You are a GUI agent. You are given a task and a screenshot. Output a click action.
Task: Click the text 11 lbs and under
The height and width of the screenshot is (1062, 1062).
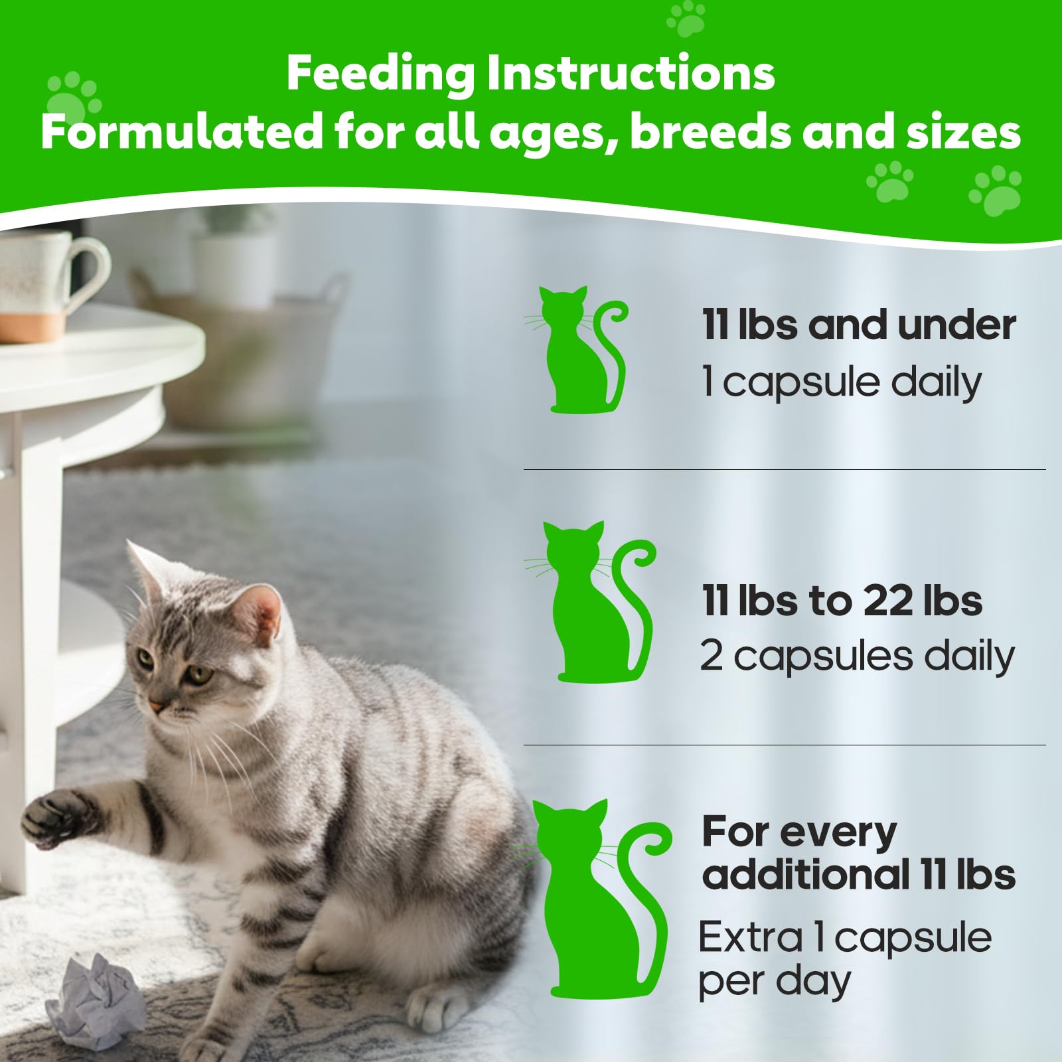[x=858, y=325]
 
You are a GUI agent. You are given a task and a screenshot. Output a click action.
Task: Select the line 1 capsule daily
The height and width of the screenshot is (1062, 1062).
[x=841, y=382]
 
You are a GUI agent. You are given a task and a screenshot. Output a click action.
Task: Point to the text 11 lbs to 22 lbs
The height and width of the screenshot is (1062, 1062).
[x=842, y=601]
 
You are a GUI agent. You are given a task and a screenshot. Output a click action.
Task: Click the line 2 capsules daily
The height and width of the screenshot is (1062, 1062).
[x=857, y=656]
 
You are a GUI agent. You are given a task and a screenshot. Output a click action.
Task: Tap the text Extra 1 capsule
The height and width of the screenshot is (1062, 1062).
[x=844, y=938]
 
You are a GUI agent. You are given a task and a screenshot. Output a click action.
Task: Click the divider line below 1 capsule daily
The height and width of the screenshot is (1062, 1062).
[x=783, y=470]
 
